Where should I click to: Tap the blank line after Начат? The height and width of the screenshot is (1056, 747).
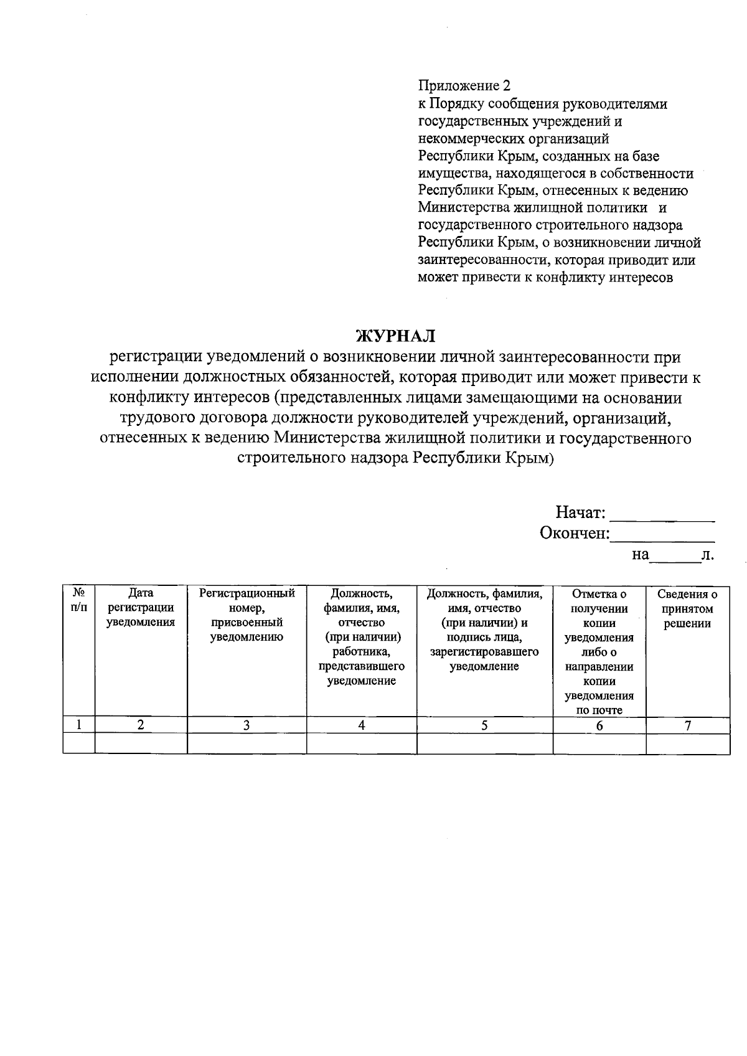[x=663, y=515]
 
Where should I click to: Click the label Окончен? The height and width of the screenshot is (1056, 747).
[x=575, y=534]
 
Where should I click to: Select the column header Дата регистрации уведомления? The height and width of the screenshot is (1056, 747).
[x=141, y=608]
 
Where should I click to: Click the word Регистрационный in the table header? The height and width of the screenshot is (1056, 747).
[x=247, y=594]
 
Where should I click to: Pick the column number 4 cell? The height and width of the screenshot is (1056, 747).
[x=361, y=725]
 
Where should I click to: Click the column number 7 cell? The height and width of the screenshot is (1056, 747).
[x=687, y=725]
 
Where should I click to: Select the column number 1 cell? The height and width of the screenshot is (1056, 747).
[x=79, y=725]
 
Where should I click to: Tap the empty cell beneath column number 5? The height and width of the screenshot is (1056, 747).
[x=484, y=744]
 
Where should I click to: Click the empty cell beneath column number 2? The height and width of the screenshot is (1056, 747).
[x=141, y=744]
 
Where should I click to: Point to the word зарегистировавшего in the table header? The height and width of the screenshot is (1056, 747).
[x=484, y=653]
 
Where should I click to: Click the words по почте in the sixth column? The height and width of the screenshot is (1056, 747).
[x=599, y=710]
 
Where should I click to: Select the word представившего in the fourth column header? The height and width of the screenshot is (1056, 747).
[x=361, y=667]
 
